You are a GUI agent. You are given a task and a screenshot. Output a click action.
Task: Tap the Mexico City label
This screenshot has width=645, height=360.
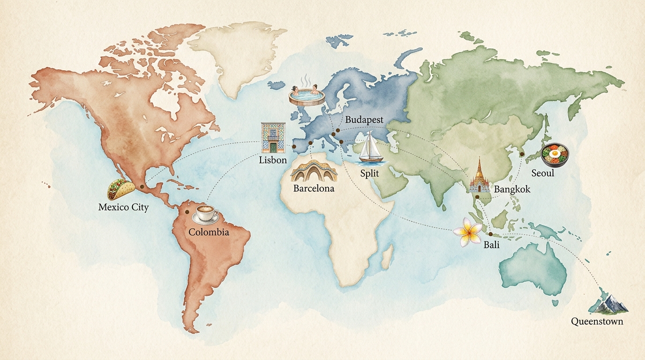click(x=123, y=207)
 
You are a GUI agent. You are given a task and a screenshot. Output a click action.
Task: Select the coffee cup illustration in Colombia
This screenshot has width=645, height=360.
click(x=205, y=214)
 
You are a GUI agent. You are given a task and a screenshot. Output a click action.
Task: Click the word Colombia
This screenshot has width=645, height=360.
click(x=209, y=232)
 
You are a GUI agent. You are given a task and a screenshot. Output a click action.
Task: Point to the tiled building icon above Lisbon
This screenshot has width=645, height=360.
click(x=272, y=137)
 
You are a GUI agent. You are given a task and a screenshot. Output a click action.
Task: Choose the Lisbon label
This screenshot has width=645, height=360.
click(x=272, y=160)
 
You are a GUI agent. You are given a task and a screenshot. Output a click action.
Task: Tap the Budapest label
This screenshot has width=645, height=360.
click(x=364, y=120)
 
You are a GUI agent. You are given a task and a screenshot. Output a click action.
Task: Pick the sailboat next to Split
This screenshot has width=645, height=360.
click(x=371, y=149)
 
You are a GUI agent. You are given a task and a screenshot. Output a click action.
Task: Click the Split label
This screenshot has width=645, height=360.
click(x=369, y=173)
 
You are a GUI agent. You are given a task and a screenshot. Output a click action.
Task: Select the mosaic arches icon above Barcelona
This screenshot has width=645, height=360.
click(x=311, y=171)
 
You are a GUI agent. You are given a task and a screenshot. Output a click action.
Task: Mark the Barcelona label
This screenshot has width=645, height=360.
click(x=314, y=188)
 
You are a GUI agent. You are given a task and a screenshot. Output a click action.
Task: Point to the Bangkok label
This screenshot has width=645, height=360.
click(x=512, y=190)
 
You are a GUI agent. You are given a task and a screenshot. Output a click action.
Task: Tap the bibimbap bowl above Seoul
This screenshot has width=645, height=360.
click(x=555, y=154)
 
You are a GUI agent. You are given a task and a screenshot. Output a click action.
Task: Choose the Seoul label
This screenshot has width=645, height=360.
click(x=543, y=173)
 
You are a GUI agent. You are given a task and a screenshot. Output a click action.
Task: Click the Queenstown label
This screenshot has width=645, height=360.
click(x=597, y=322)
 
